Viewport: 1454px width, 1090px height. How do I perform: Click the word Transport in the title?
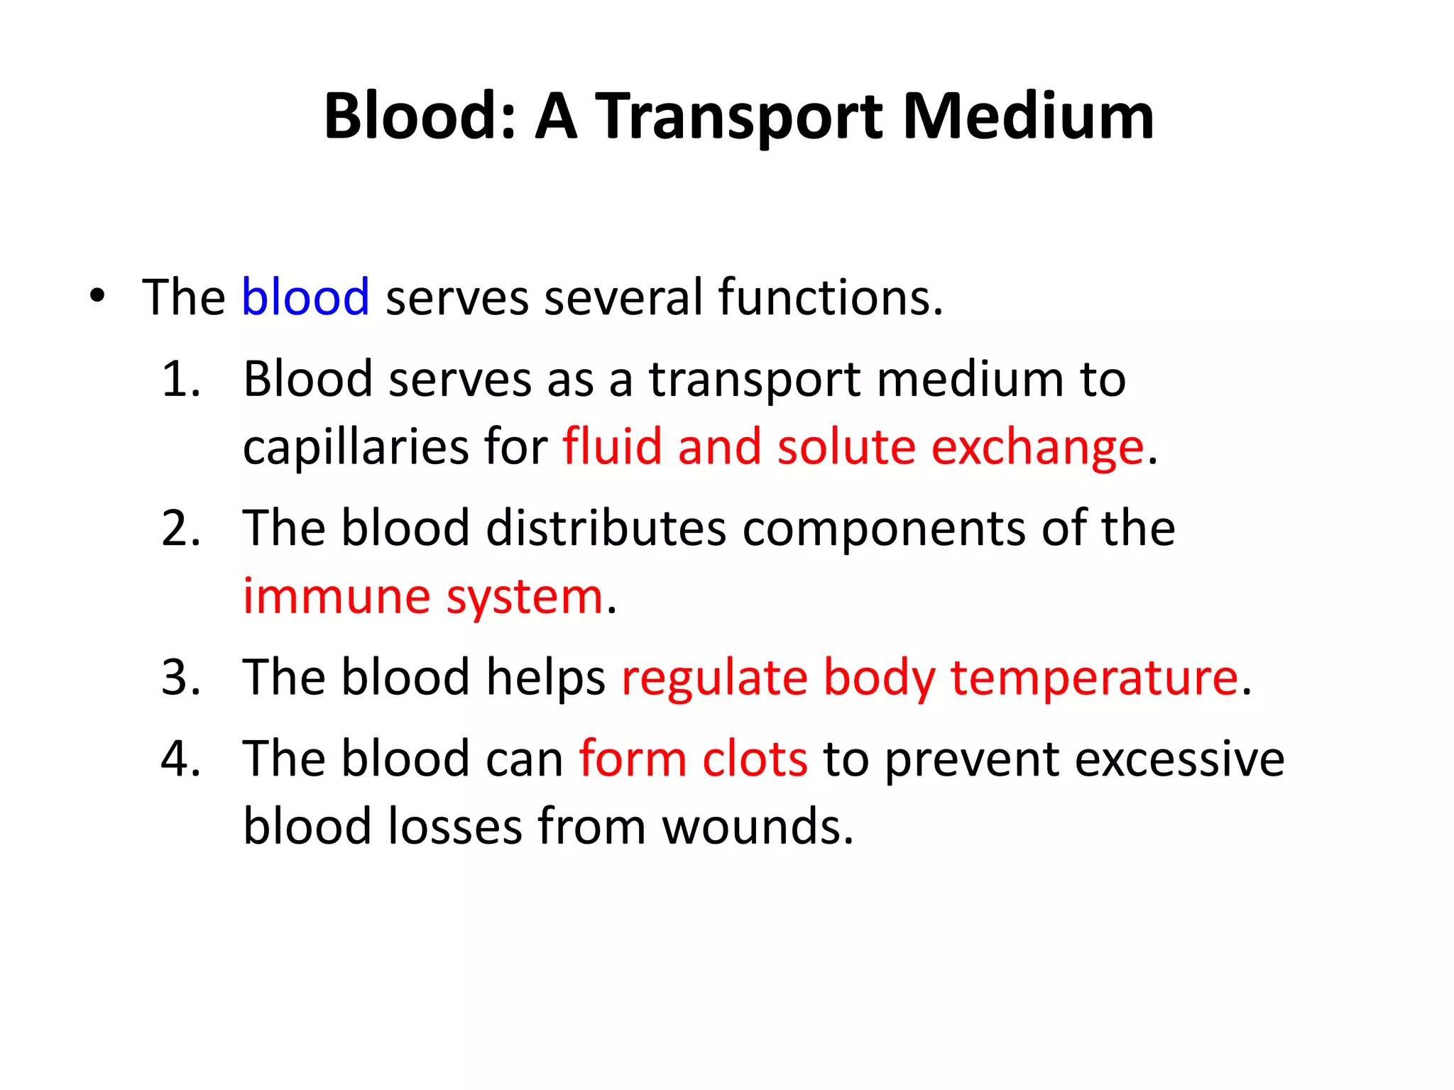(738, 117)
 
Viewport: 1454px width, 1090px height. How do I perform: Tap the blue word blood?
(305, 297)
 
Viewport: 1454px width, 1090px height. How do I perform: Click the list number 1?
(180, 378)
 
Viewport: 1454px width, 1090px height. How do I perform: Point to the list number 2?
(180, 528)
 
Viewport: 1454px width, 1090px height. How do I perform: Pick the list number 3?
(180, 677)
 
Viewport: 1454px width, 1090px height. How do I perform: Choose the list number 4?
(180, 759)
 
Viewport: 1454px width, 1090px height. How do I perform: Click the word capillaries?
(356, 447)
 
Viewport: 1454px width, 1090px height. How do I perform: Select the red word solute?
(846, 447)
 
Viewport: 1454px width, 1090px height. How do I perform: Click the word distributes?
(606, 528)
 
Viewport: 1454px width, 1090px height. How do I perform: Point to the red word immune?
(337, 596)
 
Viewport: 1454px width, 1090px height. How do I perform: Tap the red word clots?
(755, 759)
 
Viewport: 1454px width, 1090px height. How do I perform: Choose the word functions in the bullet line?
(830, 297)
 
